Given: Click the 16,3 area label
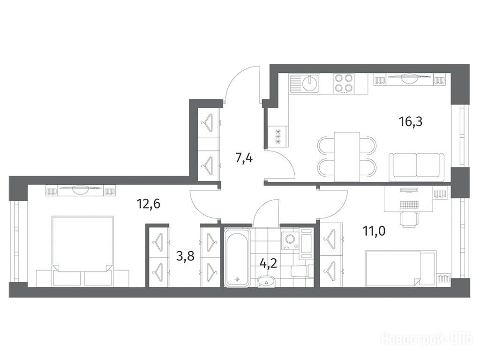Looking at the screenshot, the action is click(411, 122).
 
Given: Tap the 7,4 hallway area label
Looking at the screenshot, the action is click(244, 158).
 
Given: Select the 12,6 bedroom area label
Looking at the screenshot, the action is click(149, 203).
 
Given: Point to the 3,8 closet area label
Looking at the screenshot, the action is click(186, 255).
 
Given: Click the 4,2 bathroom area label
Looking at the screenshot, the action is click(268, 263).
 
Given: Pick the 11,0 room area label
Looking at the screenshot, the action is click(374, 231).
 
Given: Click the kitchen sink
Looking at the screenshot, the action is click(305, 83).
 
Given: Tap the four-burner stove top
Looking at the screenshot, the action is click(344, 83).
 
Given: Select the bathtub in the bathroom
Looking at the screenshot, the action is click(237, 258).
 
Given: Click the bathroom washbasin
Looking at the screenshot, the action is click(266, 281).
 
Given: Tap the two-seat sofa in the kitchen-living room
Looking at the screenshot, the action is click(417, 167).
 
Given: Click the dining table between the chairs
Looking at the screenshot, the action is click(347, 157).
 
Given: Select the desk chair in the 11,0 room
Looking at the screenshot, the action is click(409, 219).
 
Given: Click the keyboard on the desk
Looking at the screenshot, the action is click(409, 204).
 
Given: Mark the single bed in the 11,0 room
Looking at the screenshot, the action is click(401, 269).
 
